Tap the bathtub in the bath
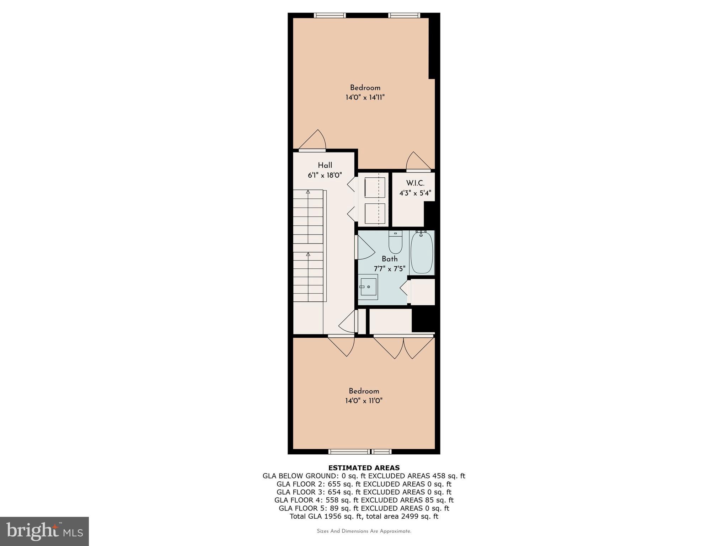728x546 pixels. click(x=422, y=252)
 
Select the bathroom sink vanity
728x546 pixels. click(x=368, y=287)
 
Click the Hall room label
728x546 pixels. click(x=325, y=165)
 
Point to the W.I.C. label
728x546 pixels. click(x=415, y=183)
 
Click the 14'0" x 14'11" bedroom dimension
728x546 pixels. click(x=365, y=97)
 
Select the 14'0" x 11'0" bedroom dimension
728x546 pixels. click(x=364, y=401)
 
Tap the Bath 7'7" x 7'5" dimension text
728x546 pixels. click(x=389, y=269)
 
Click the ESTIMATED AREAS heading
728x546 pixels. click(x=364, y=468)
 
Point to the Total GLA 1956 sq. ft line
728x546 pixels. click(x=364, y=516)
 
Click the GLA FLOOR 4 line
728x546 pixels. click(x=364, y=500)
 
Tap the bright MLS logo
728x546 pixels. click(x=44, y=531)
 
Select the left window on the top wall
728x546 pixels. click(x=330, y=15)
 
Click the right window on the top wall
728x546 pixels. click(x=404, y=15)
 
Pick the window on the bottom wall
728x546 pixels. click(x=360, y=452)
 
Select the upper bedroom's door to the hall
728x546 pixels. click(x=313, y=141)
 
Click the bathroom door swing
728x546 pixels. click(x=365, y=247)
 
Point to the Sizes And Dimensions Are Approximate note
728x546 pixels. click(x=364, y=531)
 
